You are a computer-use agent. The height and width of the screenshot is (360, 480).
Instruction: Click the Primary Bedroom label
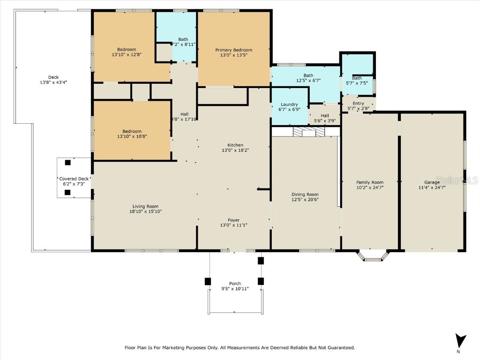233,50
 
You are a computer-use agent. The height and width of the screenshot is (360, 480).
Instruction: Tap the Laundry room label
289,105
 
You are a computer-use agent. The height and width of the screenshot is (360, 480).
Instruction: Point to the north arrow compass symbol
461,341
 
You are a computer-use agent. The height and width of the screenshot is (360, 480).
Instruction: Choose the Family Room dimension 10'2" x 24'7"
370,187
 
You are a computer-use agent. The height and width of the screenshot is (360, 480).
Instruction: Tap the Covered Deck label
74,179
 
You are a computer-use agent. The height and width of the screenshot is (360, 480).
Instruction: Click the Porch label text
235,284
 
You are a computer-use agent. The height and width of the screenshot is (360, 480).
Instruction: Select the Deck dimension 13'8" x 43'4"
54,82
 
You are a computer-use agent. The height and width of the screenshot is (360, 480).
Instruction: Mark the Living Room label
145,206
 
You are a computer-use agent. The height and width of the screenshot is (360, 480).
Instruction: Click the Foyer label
233,220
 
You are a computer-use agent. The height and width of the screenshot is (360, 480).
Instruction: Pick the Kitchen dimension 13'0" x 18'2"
235,150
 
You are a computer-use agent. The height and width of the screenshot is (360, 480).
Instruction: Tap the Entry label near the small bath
358,104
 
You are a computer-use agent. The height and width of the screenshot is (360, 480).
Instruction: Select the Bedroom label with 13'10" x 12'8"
127,50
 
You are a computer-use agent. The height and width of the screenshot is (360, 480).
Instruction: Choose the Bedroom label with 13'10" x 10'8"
132,131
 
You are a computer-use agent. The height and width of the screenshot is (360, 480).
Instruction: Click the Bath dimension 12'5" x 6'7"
308,81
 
